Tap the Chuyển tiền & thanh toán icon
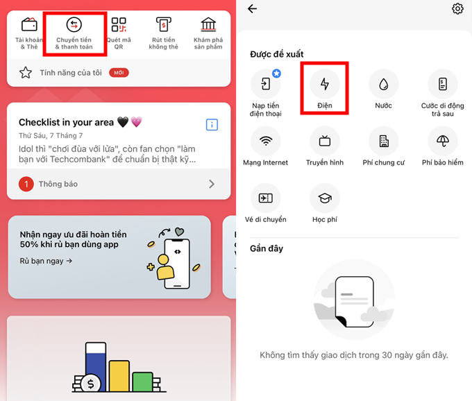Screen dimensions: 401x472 click(x=74, y=26)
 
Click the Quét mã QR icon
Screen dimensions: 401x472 click(x=119, y=26)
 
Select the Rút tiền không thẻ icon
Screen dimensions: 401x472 click(x=163, y=26)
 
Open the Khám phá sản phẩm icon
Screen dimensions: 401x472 click(x=208, y=26)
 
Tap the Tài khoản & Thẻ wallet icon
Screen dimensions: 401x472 click(x=29, y=26)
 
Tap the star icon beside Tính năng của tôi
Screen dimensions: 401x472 click(x=26, y=73)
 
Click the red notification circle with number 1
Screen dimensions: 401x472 click(x=26, y=184)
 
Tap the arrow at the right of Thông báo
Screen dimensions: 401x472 click(x=212, y=184)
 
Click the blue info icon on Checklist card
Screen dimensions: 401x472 click(x=212, y=125)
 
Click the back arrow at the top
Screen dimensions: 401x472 click(x=252, y=9)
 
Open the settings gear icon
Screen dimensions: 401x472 click(x=457, y=9)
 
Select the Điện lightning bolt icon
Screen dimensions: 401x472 click(x=325, y=84)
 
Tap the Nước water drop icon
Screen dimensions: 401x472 click(x=383, y=84)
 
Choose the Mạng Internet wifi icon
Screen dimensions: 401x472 click(x=266, y=141)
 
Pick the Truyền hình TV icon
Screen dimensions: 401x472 click(x=325, y=141)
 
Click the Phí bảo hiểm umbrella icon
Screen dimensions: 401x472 click(x=443, y=141)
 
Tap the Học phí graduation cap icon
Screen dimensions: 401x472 click(x=325, y=198)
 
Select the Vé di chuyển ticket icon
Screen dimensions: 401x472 click(x=266, y=198)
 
